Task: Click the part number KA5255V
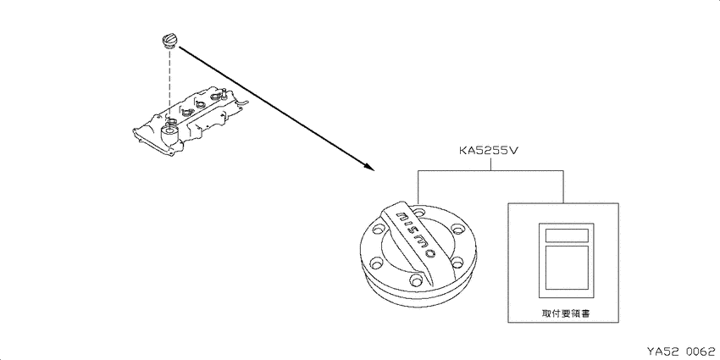[x=490, y=151]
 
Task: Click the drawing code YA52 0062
[x=681, y=352]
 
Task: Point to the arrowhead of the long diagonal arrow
[x=369, y=167]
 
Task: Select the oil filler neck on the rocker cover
[x=169, y=134]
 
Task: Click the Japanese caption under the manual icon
[x=563, y=314]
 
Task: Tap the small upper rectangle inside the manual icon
[x=567, y=235]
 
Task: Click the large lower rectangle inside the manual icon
[x=567, y=268]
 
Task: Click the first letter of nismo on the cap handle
[x=402, y=215]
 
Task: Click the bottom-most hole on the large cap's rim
[x=416, y=279]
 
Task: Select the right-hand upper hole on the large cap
[x=457, y=229]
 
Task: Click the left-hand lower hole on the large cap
[x=377, y=263]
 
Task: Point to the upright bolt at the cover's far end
[x=223, y=95]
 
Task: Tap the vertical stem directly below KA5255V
[x=490, y=163]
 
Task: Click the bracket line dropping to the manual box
[x=563, y=187]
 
